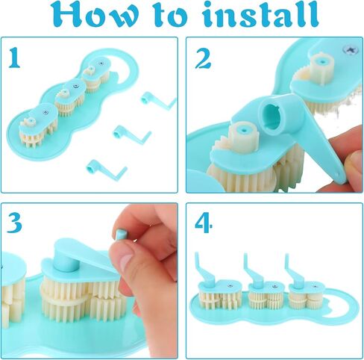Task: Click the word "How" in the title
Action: (x=95, y=15)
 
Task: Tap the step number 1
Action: (x=13, y=58)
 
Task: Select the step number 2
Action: (x=203, y=58)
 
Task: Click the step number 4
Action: (x=204, y=223)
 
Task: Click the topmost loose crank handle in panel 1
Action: (x=157, y=101)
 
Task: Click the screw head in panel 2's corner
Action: (x=351, y=49)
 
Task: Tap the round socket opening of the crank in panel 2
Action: (x=274, y=117)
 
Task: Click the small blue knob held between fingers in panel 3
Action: (x=122, y=234)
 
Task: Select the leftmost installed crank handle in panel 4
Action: (x=204, y=271)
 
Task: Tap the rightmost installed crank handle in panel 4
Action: (x=295, y=273)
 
